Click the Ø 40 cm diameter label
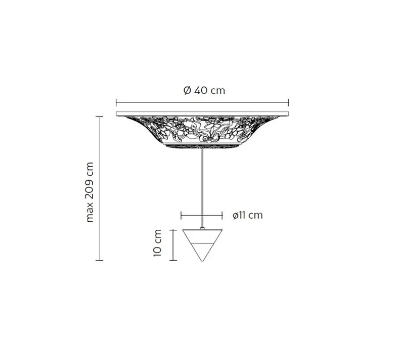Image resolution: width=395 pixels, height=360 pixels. pyautogui.click(x=204, y=90)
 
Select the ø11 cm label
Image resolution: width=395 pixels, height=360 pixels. pyautogui.click(x=248, y=216)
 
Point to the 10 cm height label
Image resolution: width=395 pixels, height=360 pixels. pyautogui.click(x=158, y=244)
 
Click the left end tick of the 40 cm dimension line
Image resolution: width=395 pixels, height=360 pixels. pyautogui.click(x=116, y=102)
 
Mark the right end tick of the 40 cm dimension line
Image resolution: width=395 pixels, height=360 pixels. pyautogui.click(x=288, y=102)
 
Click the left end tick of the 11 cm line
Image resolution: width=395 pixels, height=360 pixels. pyautogui.click(x=181, y=216)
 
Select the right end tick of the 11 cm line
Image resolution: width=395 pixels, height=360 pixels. pyautogui.click(x=221, y=216)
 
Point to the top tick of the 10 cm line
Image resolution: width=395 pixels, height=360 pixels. pyautogui.click(x=173, y=230)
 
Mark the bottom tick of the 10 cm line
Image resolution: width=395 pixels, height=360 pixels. pyautogui.click(x=173, y=260)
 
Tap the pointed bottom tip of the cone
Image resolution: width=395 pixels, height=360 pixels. pyautogui.click(x=202, y=261)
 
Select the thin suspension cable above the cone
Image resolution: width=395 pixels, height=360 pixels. pyautogui.click(x=202, y=186)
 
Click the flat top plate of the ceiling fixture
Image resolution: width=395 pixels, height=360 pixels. pyautogui.click(x=202, y=114)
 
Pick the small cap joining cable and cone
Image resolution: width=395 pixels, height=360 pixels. pyautogui.click(x=202, y=228)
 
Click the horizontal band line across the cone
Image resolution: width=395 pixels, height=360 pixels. pyautogui.click(x=202, y=243)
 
